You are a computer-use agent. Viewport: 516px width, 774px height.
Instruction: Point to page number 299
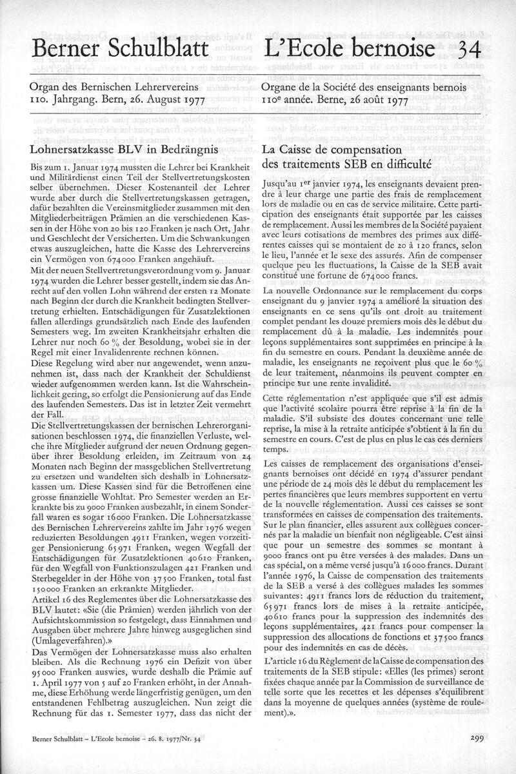coord(478,739)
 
